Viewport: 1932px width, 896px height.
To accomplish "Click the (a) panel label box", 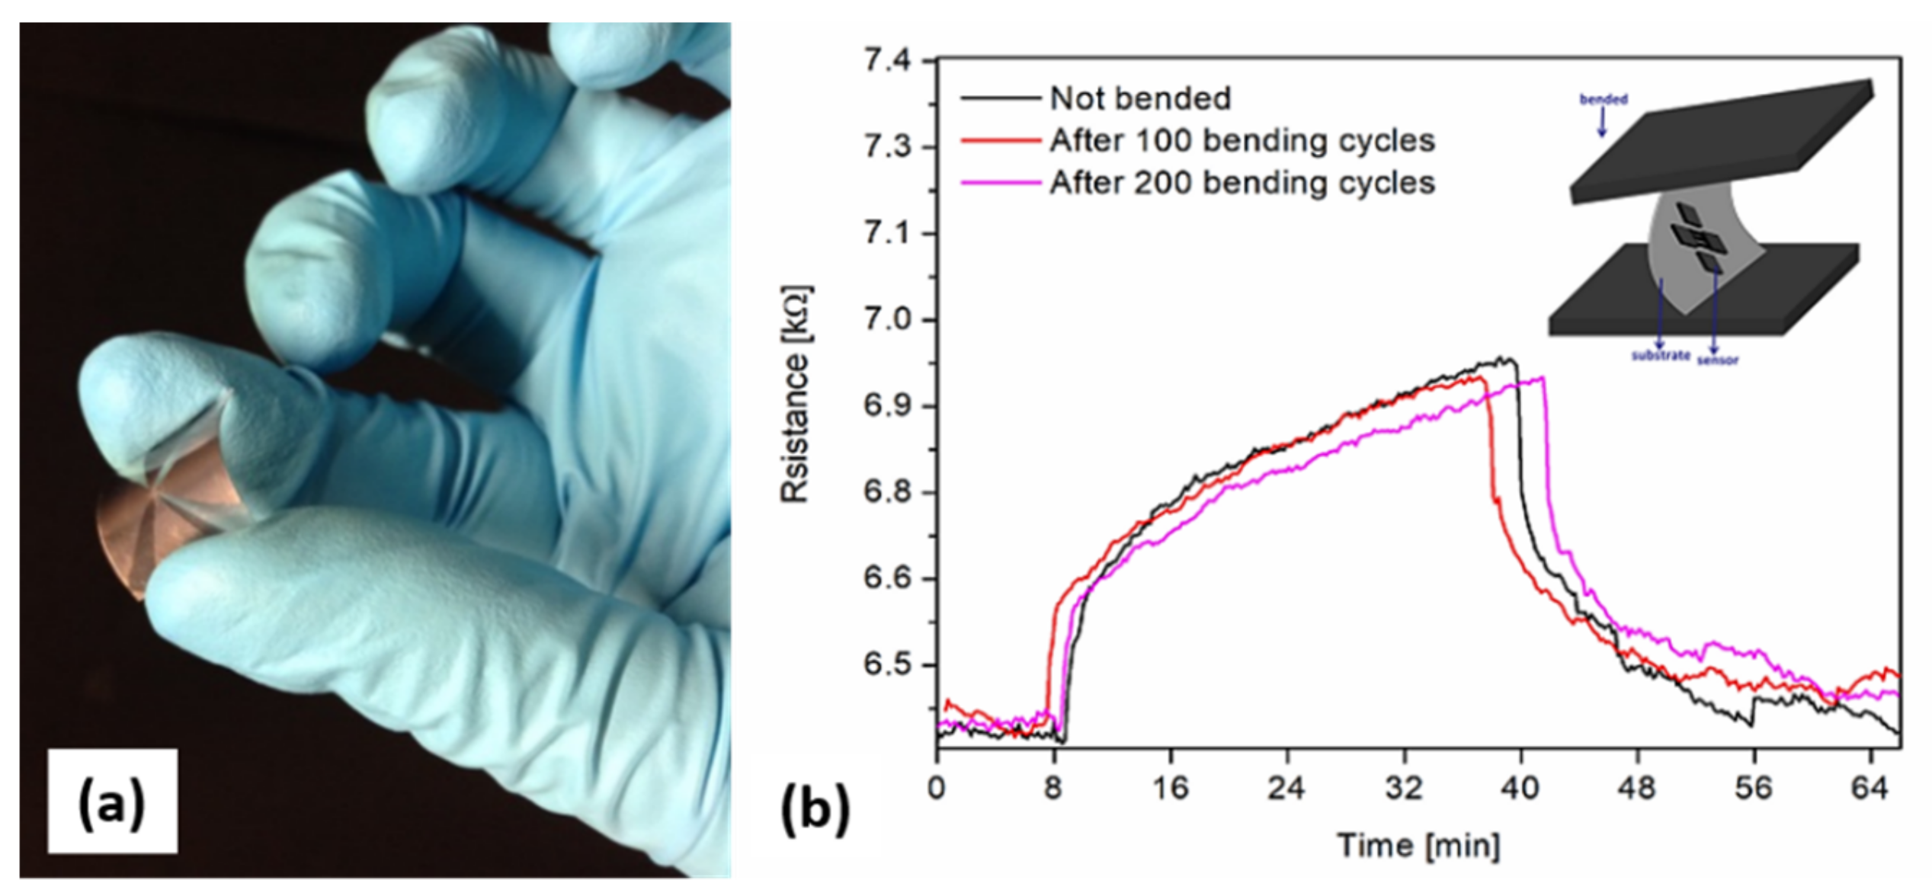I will (x=112, y=801).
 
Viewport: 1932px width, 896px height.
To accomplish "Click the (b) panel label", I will (x=815, y=808).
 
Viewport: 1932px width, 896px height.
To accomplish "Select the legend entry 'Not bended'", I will (x=1139, y=98).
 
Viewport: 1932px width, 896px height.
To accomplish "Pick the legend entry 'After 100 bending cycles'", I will (x=1242, y=140).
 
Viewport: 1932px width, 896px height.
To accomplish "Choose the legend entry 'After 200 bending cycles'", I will (x=1242, y=183).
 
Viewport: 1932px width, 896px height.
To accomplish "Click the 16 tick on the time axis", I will (x=1170, y=787).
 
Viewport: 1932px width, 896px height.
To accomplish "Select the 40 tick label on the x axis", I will (x=1520, y=787).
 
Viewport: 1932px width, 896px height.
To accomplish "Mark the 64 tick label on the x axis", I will (x=1870, y=787).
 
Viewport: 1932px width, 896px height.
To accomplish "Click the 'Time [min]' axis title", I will (x=1418, y=846).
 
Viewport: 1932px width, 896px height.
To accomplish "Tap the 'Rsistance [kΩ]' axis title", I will (x=796, y=394).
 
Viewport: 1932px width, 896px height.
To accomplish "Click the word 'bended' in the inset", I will (x=1604, y=99).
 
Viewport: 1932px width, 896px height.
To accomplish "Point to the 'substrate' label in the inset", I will (x=1660, y=356).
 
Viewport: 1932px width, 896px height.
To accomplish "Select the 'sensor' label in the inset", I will (x=1718, y=360).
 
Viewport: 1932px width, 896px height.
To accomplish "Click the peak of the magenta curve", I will (x=1543, y=378).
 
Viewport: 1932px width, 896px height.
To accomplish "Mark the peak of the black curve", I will (x=1504, y=358).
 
